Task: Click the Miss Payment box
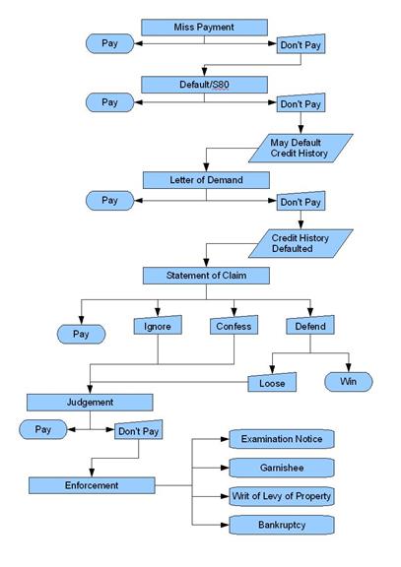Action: [x=204, y=28]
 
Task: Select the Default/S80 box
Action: [x=204, y=85]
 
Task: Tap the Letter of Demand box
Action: [x=206, y=180]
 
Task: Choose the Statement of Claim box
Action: [x=206, y=276]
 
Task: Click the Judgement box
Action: [x=90, y=403]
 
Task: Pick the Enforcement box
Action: [x=92, y=485]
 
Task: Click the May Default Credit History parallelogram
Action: [x=301, y=148]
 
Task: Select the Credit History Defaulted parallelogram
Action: [x=301, y=243]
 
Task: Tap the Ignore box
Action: [x=158, y=325]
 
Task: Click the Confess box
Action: [x=234, y=325]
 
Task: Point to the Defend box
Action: [x=310, y=325]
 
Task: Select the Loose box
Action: [x=272, y=382]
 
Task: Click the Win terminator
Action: [x=349, y=382]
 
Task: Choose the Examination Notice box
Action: [x=282, y=439]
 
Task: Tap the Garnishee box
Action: [x=282, y=468]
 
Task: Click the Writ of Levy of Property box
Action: [x=282, y=496]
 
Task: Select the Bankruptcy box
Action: [x=282, y=525]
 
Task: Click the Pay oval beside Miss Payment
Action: [x=109, y=43]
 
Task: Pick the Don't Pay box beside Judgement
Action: [x=139, y=429]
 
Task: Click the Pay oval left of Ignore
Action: [x=81, y=334]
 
